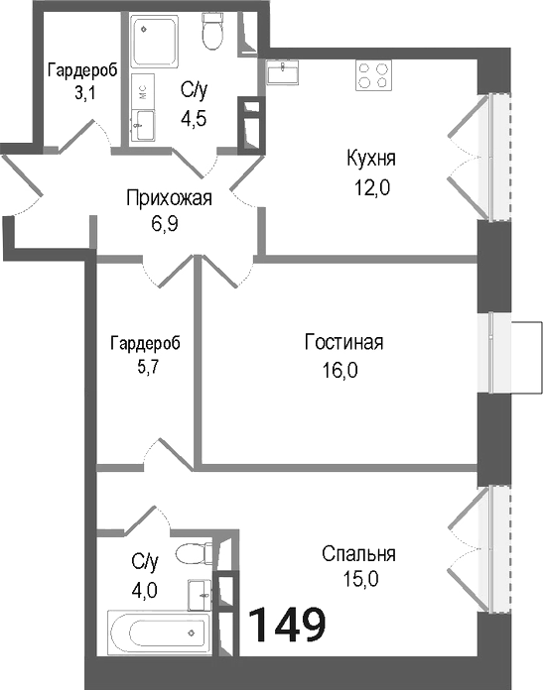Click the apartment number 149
point(286,625)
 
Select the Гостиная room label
point(343,344)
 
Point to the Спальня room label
point(359,554)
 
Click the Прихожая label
point(169,197)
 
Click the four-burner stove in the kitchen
point(373,75)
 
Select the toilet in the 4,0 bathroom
point(191,552)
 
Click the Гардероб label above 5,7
point(146,343)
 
